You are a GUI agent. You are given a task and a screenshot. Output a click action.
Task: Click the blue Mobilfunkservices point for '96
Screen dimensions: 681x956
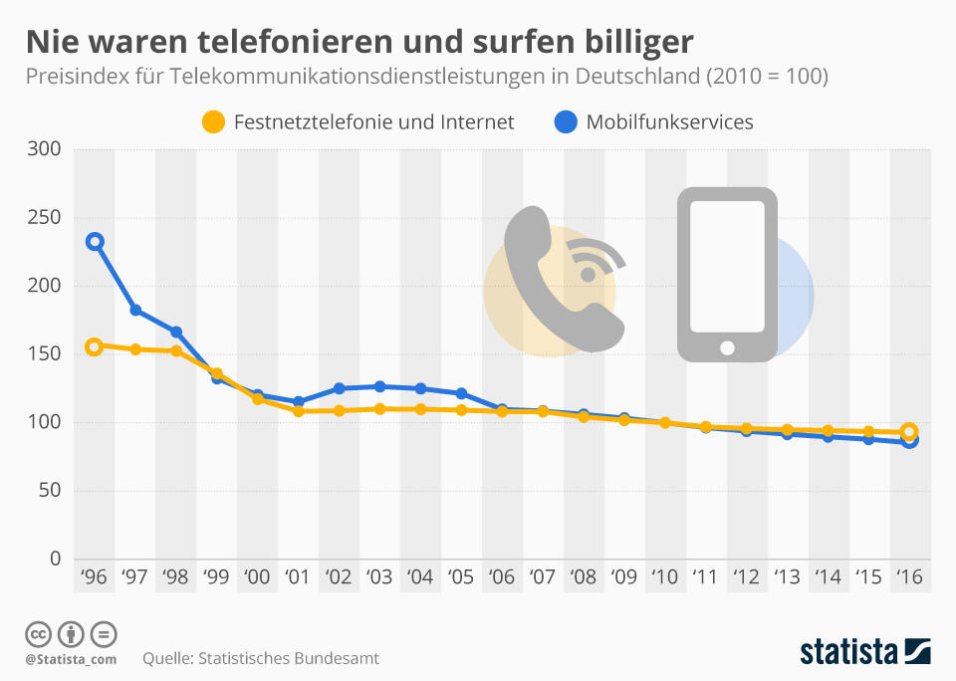pos(95,242)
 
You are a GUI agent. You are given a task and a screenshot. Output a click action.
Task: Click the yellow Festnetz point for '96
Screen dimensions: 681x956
pos(95,346)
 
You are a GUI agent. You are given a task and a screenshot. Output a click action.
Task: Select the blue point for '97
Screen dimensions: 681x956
pos(135,310)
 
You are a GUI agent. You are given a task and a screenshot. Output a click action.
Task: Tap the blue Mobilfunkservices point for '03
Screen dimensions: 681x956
pos(379,386)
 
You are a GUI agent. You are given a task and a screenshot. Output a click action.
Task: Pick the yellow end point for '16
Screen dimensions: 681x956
pos(908,432)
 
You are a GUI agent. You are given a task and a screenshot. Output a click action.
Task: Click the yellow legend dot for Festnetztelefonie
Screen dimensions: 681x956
pos(213,122)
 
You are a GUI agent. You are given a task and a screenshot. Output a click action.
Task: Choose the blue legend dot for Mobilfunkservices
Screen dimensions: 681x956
pos(565,122)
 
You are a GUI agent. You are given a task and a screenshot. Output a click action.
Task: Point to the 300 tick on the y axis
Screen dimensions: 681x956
pos(45,149)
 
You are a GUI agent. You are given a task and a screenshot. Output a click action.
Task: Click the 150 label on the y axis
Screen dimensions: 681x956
pos(45,354)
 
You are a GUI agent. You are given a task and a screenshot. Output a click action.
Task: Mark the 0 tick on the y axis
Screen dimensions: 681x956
pos(56,559)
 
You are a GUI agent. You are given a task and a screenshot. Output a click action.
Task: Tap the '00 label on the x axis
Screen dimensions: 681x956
pos(256,577)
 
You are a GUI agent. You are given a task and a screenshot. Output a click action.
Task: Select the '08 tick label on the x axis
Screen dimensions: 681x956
pos(583,577)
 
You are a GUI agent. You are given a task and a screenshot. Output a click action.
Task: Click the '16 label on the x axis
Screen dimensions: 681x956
pos(908,577)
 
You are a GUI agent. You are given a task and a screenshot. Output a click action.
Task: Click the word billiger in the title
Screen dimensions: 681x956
pos(629,42)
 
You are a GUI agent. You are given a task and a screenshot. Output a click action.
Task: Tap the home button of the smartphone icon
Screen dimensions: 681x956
pos(727,347)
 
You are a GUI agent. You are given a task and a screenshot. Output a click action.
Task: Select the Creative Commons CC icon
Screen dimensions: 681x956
pos(39,633)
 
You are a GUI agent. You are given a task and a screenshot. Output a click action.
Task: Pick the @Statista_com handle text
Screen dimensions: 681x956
pos(71,659)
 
